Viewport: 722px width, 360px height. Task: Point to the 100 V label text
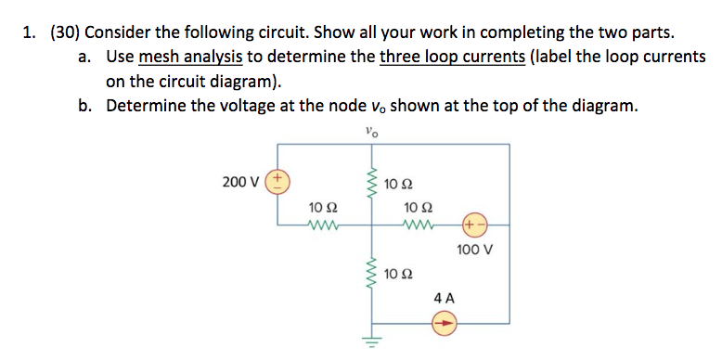(x=475, y=250)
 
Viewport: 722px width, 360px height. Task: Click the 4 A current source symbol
(x=445, y=324)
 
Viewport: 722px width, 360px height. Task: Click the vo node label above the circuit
(x=372, y=131)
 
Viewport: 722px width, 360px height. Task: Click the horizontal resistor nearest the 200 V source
(x=325, y=224)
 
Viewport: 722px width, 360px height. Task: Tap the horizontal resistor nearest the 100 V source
(x=418, y=224)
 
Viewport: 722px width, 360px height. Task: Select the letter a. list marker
(x=85, y=57)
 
